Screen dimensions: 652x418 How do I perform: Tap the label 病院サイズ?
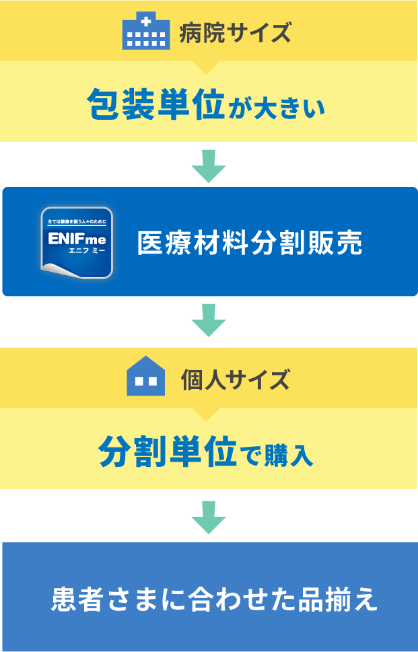point(236,32)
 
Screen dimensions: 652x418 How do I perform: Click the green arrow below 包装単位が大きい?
point(209,166)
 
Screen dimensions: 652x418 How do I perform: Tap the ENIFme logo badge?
point(76,242)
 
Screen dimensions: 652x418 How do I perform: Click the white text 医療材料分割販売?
point(250,243)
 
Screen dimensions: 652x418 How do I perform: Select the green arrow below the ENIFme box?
point(209,320)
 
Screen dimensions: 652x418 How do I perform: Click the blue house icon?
point(145,377)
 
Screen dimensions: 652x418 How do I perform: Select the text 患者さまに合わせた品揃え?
point(214,599)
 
